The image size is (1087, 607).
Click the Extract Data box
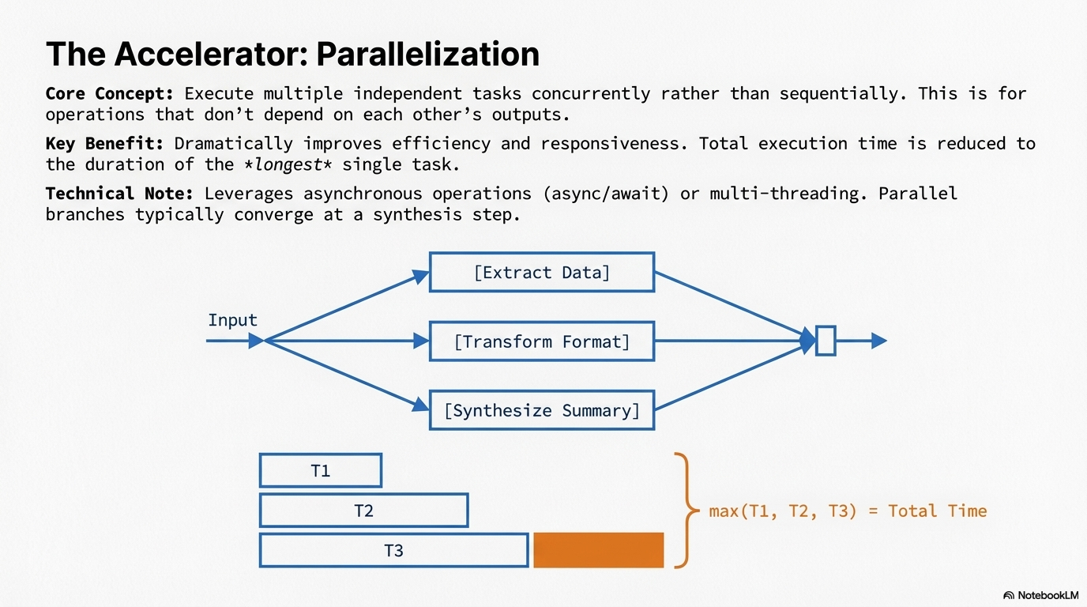[541, 273]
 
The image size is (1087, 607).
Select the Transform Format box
[541, 341]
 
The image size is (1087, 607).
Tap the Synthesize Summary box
[541, 410]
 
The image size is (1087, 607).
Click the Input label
[232, 320]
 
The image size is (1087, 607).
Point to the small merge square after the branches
[826, 341]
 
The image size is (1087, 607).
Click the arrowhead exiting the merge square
[878, 341]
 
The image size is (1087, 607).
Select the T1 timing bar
[320, 470]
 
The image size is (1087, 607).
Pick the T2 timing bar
[363, 511]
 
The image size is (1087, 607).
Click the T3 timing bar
[393, 550]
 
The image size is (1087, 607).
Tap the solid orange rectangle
[598, 550]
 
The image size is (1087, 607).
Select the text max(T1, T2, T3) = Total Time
[848, 511]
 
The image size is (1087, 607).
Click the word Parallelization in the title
[427, 54]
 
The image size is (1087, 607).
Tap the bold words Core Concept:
[109, 93]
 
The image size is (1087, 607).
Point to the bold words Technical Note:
[118, 194]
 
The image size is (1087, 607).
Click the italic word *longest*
[287, 164]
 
